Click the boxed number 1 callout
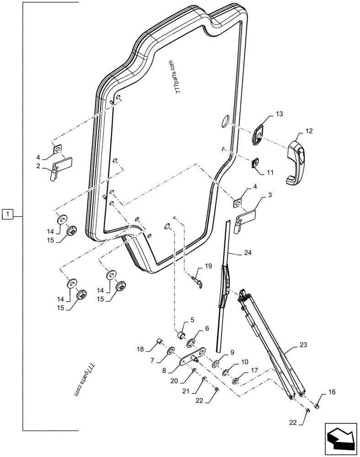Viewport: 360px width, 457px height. [x=8, y=213]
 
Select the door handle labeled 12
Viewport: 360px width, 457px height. [x=295, y=162]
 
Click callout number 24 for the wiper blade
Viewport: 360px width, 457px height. [x=247, y=252]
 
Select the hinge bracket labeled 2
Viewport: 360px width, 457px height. [x=60, y=165]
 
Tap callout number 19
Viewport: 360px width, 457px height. [x=208, y=266]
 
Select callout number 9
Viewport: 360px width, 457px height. [x=232, y=352]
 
